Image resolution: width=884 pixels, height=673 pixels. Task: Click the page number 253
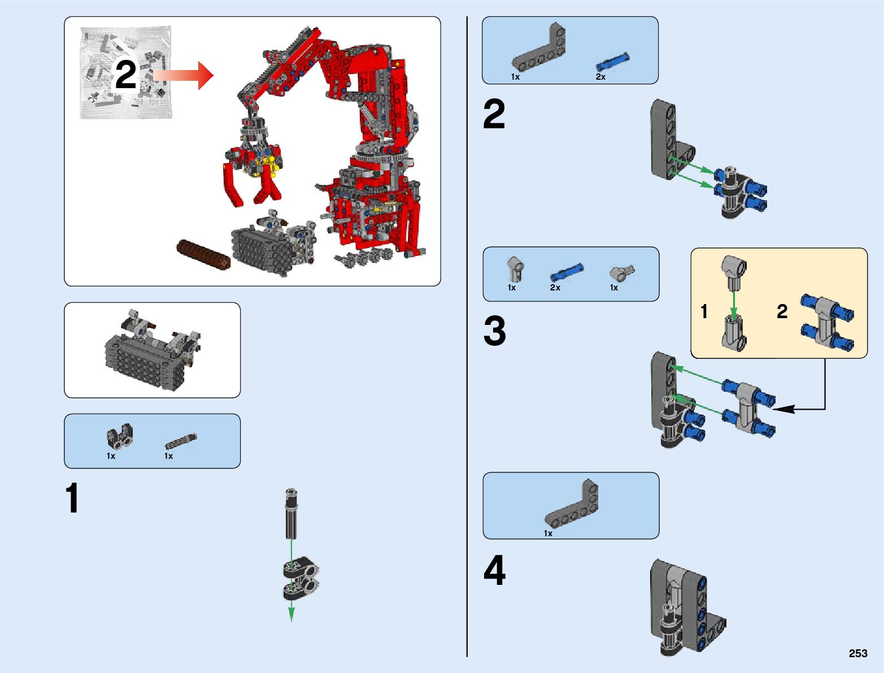tap(857, 653)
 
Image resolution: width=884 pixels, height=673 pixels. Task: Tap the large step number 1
tap(72, 498)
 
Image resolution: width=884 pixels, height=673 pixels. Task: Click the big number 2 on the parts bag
tap(125, 75)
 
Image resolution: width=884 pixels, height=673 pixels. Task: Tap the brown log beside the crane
tap(203, 255)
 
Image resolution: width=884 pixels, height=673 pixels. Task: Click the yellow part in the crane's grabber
tap(267, 167)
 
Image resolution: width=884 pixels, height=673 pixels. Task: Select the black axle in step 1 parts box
tap(181, 441)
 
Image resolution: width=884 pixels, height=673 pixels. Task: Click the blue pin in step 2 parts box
tap(612, 62)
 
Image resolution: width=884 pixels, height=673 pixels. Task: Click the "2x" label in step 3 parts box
tap(555, 288)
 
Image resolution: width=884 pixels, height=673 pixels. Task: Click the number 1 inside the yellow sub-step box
tap(704, 311)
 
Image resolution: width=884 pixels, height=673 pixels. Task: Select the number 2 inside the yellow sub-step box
tap(782, 311)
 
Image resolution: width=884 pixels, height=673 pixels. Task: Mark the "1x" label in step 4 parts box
tap(548, 533)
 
